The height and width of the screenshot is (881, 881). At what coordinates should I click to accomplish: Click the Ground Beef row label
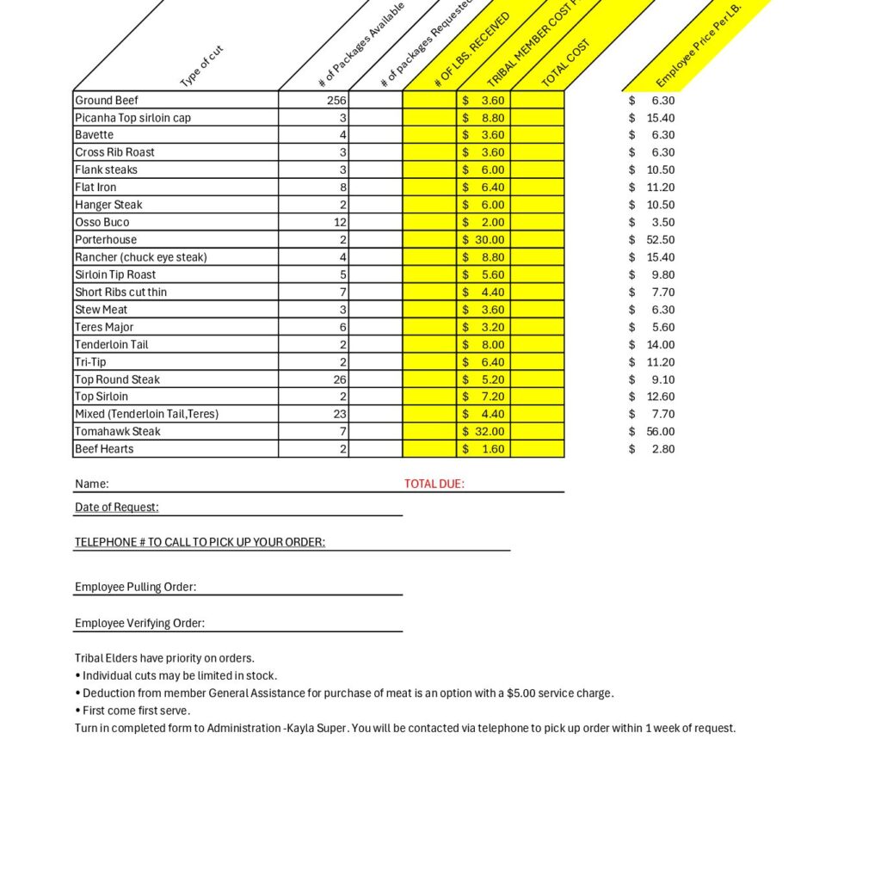click(x=107, y=101)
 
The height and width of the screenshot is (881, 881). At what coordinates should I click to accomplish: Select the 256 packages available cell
click(x=336, y=101)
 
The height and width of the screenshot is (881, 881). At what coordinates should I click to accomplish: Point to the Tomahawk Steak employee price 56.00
click(x=661, y=432)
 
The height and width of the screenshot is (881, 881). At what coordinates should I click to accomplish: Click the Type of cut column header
click(x=202, y=66)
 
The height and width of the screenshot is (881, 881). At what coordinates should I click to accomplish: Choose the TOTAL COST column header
click(x=566, y=63)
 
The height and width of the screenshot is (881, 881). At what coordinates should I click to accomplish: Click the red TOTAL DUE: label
click(x=434, y=484)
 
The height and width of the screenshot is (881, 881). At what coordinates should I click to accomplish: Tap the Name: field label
click(x=92, y=484)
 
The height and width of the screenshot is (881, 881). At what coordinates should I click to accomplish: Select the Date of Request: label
click(x=117, y=508)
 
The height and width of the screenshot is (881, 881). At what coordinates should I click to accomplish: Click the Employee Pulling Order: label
click(x=136, y=588)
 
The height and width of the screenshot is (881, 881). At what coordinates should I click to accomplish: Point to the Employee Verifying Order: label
click(x=140, y=624)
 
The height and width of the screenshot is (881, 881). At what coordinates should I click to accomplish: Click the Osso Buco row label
click(x=102, y=223)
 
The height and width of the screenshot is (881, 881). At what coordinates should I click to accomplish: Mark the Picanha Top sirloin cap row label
click(x=133, y=118)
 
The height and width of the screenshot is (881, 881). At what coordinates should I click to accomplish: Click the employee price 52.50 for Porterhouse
click(x=661, y=240)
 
